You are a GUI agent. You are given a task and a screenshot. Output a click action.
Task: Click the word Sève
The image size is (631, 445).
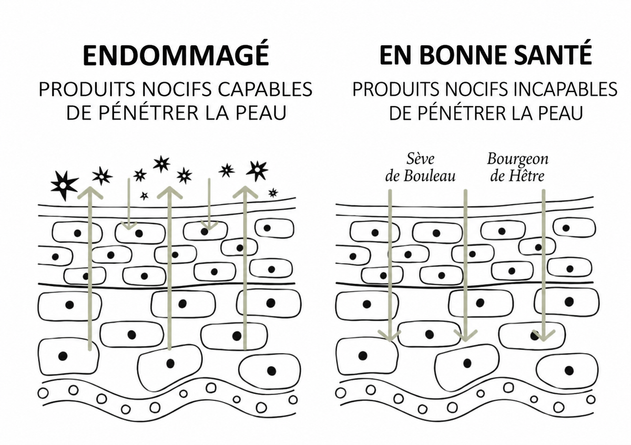click(420, 159)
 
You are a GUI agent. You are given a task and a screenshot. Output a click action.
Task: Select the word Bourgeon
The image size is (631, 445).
click(518, 160)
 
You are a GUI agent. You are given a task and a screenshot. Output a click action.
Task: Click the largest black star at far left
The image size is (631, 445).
click(64, 185)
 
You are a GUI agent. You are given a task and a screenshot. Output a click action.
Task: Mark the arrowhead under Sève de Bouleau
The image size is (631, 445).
click(390, 335)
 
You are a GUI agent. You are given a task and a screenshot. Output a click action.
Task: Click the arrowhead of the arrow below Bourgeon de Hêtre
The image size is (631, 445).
click(543, 335)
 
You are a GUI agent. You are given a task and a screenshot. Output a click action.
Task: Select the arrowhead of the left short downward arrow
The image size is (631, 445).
click(129, 225)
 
